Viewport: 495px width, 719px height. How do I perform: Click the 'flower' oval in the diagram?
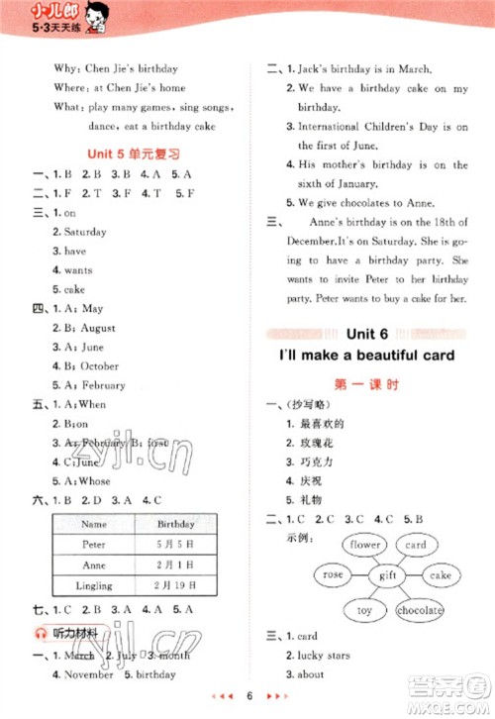click(x=365, y=545)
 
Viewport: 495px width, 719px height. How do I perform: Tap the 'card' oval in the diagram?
click(x=416, y=545)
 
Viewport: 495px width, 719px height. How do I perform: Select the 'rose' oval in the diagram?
click(x=334, y=574)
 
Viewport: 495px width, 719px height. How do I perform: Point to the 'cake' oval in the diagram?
click(x=440, y=575)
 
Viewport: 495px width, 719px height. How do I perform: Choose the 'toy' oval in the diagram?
click(x=365, y=611)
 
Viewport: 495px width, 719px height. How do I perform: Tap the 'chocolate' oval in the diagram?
click(x=420, y=611)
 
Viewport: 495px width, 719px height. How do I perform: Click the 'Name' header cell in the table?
click(x=94, y=524)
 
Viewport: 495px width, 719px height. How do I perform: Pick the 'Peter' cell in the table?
click(x=94, y=545)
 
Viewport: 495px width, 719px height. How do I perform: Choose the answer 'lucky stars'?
click(x=330, y=655)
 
